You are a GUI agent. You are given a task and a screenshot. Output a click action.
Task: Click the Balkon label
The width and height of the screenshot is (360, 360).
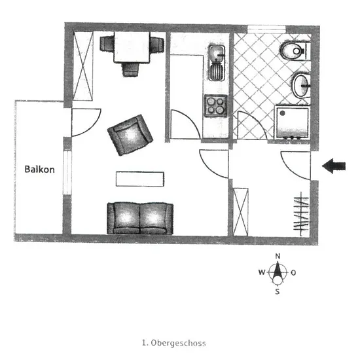(x=39, y=170)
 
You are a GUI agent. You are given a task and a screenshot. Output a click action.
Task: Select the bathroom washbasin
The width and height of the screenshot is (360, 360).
(x=301, y=85)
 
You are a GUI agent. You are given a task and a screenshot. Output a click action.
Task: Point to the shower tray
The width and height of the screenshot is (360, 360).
(x=292, y=122)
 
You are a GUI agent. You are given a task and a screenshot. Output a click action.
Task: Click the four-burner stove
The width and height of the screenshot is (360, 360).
(x=216, y=105)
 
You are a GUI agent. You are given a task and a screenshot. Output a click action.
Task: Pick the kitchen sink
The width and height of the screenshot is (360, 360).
(x=217, y=63)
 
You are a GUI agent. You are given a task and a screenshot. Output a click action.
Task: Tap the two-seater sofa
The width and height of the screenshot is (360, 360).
(x=140, y=219)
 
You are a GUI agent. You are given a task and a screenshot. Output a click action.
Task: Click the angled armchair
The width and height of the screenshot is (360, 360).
(x=130, y=135)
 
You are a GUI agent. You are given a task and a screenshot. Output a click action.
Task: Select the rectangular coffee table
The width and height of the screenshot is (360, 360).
(x=140, y=179)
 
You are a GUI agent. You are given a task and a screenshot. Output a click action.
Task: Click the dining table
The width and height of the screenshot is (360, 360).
(x=132, y=47)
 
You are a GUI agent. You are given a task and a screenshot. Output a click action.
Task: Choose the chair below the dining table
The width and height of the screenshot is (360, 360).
(x=131, y=70)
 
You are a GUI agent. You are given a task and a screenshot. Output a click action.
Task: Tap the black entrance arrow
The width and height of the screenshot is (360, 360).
(x=334, y=166)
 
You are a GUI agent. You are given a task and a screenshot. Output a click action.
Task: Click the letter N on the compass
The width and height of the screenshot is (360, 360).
(x=278, y=256)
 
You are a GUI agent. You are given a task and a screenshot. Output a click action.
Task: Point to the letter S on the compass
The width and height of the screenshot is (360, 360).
(x=278, y=291)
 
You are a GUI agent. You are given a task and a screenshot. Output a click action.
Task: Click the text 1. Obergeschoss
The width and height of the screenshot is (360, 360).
(x=174, y=343)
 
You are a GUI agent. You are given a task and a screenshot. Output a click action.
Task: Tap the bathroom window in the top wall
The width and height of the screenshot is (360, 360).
(x=266, y=29)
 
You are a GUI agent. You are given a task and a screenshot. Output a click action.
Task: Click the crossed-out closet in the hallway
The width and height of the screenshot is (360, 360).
(x=241, y=212)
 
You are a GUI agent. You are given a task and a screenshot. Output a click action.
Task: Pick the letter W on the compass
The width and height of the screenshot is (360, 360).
(x=262, y=272)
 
